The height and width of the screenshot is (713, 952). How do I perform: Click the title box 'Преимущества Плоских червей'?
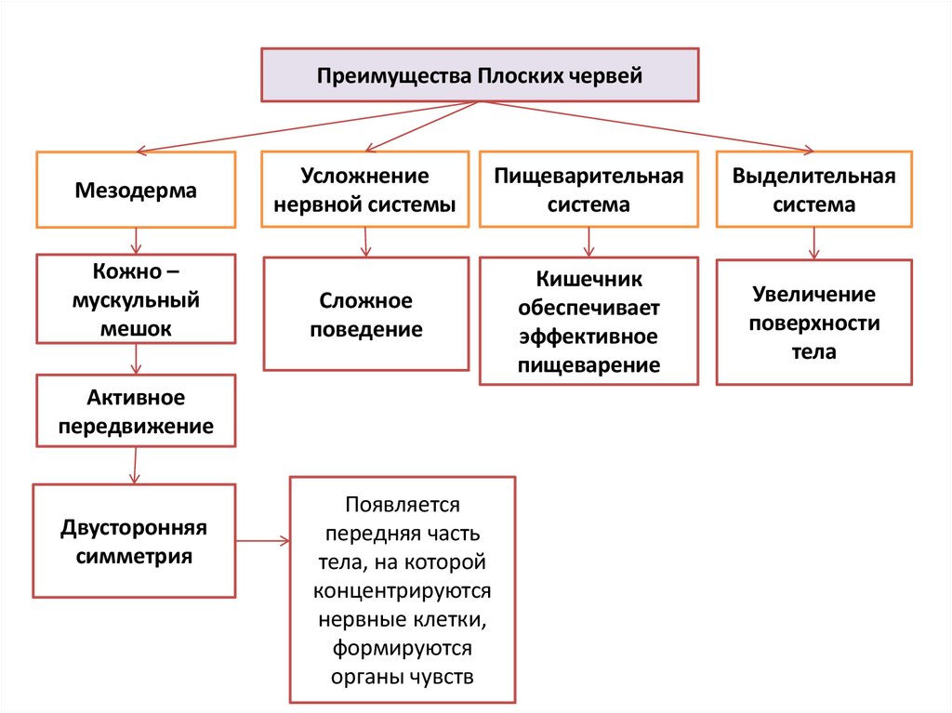479,74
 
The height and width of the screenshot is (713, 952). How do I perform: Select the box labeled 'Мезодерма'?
136,191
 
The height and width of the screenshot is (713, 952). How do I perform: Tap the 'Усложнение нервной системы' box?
364,191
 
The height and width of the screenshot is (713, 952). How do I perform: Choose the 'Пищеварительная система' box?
588,191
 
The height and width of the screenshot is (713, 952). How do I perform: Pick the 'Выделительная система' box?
813,191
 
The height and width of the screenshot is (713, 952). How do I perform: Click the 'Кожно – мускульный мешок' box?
136,299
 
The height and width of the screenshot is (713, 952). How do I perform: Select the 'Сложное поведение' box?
365,314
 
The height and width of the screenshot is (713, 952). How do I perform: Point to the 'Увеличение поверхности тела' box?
813,323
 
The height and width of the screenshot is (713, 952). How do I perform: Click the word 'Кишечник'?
588,279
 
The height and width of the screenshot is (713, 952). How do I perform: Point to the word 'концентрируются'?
403,590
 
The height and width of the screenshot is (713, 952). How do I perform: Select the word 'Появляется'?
403,505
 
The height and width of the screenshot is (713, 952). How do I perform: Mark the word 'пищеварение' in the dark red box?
588,364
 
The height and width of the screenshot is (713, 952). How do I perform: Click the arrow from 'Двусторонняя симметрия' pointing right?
262,540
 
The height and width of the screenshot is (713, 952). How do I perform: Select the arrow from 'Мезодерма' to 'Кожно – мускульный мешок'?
137,241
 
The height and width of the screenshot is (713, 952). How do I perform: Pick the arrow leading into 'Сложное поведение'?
365,243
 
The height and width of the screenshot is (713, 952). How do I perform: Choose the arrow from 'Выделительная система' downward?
814,243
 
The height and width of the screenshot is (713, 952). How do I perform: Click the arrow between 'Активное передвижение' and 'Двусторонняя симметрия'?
136,465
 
